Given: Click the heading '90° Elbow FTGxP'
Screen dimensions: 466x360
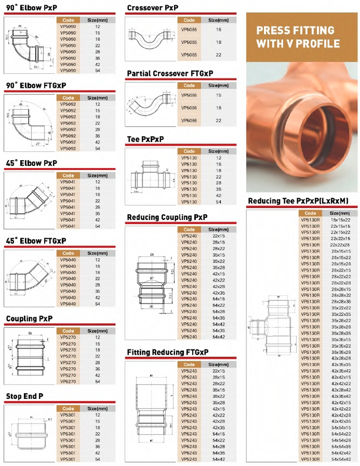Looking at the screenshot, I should (x=36, y=86).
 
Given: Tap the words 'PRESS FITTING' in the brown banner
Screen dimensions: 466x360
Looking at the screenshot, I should (x=295, y=30).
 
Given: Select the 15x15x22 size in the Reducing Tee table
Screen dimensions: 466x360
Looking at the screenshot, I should (x=340, y=220).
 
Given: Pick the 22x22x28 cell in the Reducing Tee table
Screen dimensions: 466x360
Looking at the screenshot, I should (x=340, y=245).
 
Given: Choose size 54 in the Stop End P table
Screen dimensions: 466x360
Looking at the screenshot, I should (x=97, y=459).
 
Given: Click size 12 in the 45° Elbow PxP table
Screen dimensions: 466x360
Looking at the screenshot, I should (x=97, y=182).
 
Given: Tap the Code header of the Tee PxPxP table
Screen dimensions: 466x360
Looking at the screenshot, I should (x=189, y=151).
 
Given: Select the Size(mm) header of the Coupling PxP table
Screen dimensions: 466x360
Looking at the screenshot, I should (x=97, y=331).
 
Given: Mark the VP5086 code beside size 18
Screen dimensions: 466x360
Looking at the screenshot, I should (x=189, y=108).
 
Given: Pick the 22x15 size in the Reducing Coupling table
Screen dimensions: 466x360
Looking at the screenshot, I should (x=219, y=236).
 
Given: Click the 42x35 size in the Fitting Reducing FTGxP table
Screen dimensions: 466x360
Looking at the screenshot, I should (x=219, y=428).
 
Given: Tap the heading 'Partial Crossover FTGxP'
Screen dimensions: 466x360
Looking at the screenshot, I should (x=170, y=74).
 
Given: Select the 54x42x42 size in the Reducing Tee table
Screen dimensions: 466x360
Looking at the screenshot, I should (x=341, y=453).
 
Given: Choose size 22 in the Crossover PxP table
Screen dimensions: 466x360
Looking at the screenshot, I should (x=219, y=55).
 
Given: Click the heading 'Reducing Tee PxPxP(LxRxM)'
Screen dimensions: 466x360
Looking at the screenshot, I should (x=298, y=201).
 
